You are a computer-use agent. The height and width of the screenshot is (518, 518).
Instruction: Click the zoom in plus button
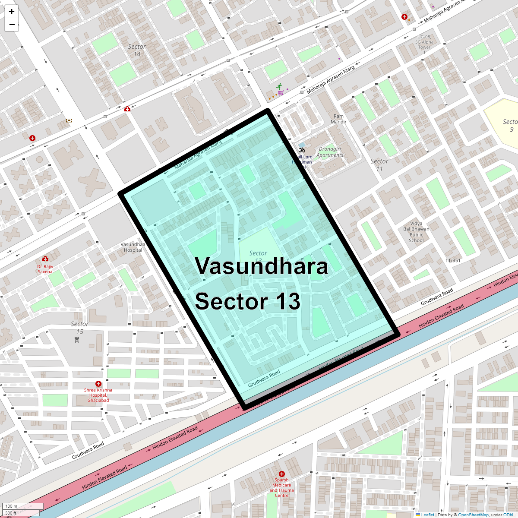[x=12, y=12]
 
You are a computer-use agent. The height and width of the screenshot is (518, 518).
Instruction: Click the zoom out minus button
[x=12, y=25]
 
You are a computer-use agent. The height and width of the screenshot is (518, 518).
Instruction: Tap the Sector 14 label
[x=137, y=50]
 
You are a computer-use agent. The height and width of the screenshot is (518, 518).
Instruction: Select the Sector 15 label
[x=79, y=328]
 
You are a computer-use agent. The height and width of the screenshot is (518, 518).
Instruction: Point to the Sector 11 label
[x=379, y=165]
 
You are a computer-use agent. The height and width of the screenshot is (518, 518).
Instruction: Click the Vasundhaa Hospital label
[x=133, y=247]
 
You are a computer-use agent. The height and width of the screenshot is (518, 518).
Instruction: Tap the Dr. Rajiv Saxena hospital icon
[x=45, y=259]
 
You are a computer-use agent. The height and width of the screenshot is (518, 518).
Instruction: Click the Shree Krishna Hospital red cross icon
[x=98, y=383]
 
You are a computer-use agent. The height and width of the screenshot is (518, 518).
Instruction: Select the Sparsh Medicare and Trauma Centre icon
[x=282, y=474]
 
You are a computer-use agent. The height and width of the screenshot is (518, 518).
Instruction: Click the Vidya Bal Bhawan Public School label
[x=416, y=232]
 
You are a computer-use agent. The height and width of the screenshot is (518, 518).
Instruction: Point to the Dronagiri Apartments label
[x=330, y=152]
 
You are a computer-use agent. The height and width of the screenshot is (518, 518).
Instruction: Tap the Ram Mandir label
[x=339, y=119]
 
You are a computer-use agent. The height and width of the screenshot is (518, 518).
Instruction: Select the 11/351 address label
[x=453, y=260]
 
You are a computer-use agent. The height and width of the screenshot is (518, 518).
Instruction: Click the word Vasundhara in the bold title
[x=261, y=266]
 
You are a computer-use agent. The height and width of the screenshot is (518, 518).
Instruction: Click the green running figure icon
[x=279, y=86]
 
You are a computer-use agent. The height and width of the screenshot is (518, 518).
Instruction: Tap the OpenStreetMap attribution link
[x=473, y=515]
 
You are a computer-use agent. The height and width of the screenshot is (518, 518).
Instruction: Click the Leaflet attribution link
[x=427, y=515]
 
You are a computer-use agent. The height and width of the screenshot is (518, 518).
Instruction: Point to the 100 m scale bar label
[x=12, y=506]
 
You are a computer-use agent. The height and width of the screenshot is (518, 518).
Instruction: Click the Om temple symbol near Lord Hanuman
[x=302, y=150]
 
